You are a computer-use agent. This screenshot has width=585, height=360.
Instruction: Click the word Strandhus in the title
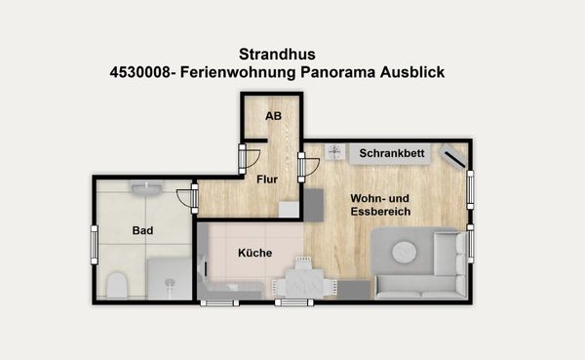click(277, 55)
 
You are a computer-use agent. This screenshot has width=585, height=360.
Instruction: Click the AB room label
click(273, 116)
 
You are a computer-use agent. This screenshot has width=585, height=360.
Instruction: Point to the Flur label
click(267, 179)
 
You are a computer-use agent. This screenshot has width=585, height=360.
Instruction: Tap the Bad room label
click(142, 231)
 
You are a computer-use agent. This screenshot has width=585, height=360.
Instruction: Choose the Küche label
click(254, 253)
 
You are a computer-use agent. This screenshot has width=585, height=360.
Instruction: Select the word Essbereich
click(380, 211)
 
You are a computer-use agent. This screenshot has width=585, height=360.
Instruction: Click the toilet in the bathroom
click(117, 284)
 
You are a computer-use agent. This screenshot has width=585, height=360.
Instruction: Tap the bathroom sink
click(147, 187)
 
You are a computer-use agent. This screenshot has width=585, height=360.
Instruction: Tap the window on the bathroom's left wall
click(95, 243)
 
